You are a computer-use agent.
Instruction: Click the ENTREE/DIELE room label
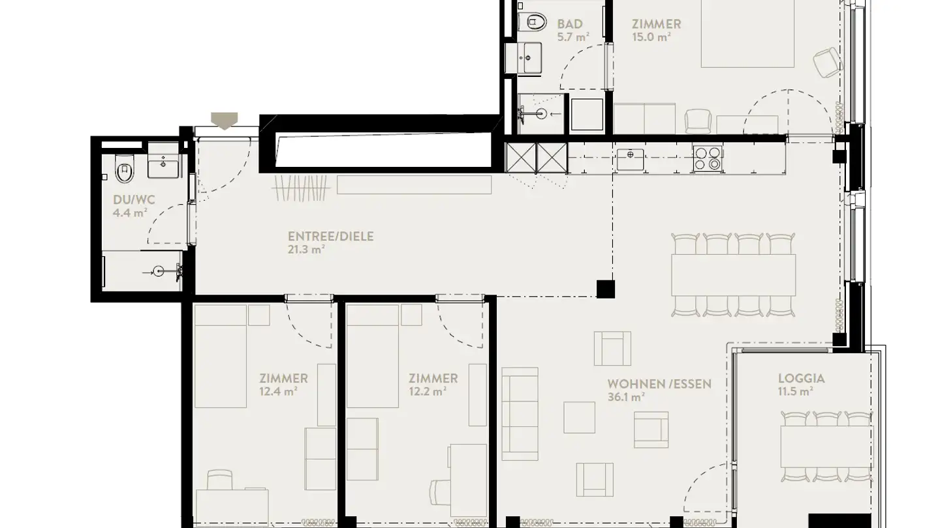pos(330,236)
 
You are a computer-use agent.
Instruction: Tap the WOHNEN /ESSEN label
pos(659,383)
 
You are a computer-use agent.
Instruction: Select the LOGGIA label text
pos(801,378)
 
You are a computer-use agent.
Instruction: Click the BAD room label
pos(570,24)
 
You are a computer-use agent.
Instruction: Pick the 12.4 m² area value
pos(279,391)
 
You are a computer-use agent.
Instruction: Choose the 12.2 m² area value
pos(428,391)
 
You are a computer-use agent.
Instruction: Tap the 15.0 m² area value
pos(651,37)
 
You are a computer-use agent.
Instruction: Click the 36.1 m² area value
pos(626,396)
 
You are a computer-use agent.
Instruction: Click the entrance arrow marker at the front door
pos(225,121)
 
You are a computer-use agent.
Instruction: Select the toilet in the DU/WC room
pos(124,171)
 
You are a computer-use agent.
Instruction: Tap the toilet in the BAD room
pos(535,22)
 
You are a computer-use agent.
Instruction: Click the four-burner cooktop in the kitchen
pos(707,157)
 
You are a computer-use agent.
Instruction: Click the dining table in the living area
pos(734,274)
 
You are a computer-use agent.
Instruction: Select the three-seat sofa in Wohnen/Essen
pos(520,414)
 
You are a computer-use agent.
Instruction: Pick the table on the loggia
pos(826,446)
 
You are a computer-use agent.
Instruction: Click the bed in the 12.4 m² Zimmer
pos(220,357)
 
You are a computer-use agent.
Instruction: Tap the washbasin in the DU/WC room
pos(163,167)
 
